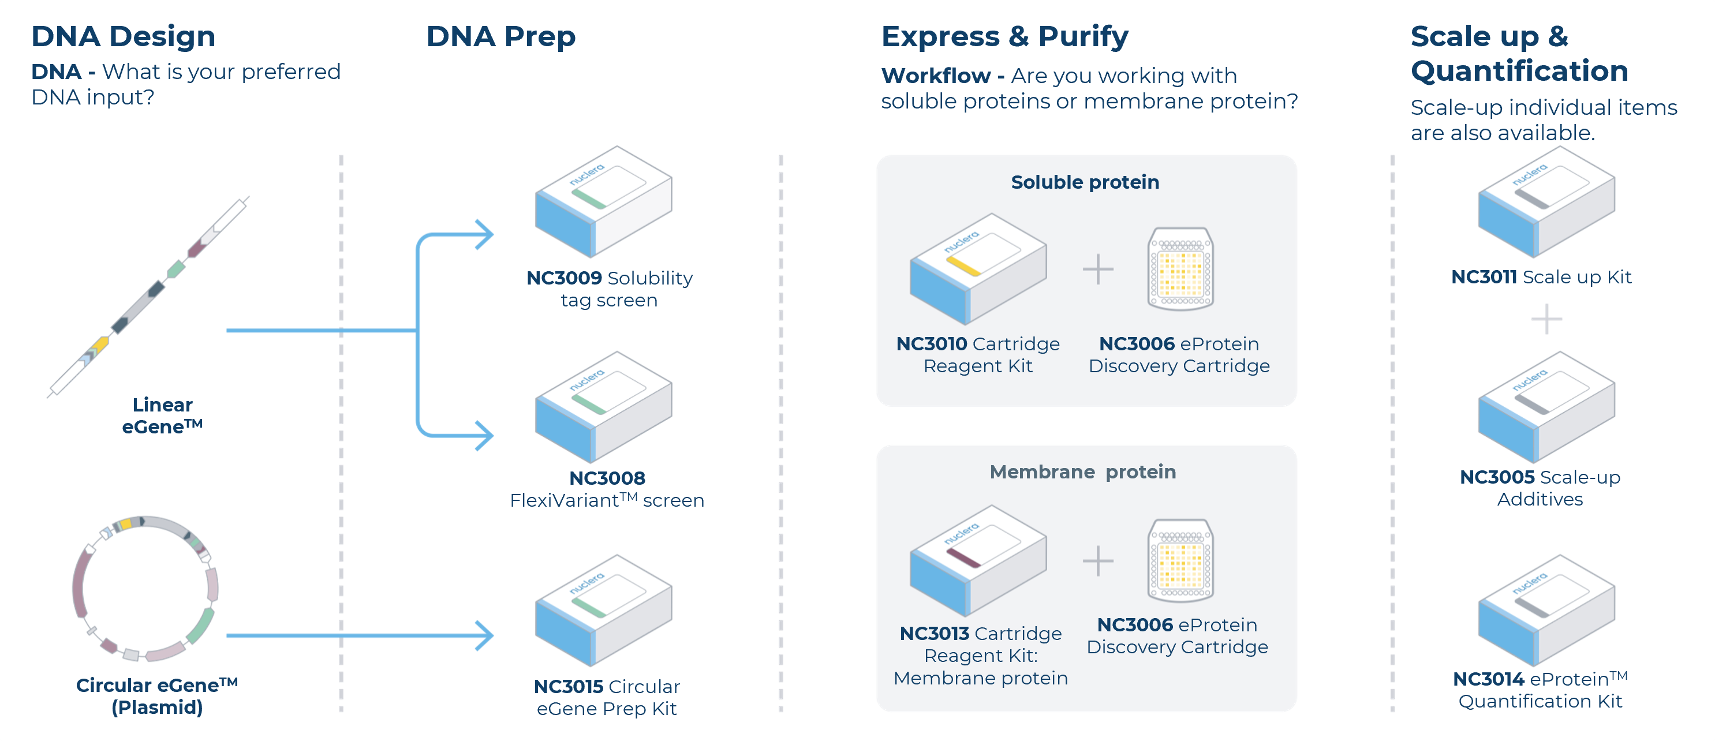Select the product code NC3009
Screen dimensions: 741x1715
tap(563, 278)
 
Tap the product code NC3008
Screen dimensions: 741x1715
tap(607, 478)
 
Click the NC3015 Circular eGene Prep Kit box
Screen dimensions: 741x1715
tap(603, 611)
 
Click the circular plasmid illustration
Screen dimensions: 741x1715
tap(145, 589)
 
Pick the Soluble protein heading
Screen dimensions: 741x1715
tap(1085, 182)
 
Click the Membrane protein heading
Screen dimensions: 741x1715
tap(1082, 472)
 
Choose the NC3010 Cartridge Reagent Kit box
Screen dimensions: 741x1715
tap(977, 269)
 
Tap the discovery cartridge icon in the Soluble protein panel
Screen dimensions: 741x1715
tap(1180, 269)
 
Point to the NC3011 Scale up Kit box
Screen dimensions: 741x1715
tap(1545, 203)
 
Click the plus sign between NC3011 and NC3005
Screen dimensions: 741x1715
tap(1546, 320)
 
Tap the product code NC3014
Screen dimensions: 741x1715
tap(1488, 679)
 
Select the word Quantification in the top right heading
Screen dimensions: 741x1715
tap(1519, 71)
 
